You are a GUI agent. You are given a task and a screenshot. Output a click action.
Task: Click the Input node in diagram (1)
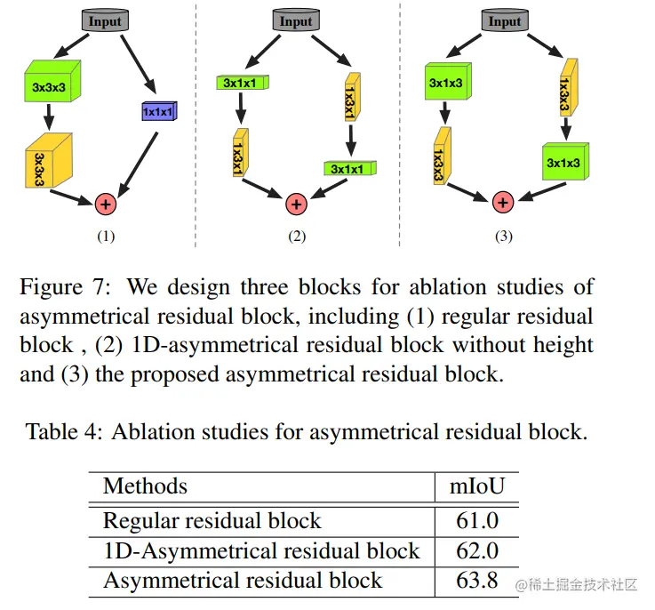point(106,20)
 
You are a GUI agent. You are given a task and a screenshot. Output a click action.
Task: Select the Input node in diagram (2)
point(296,20)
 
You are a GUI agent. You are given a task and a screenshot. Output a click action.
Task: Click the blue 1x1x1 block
point(159,112)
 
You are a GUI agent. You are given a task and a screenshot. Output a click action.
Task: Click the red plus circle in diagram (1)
point(106,204)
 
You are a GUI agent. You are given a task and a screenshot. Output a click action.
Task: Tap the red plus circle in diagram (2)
point(296,204)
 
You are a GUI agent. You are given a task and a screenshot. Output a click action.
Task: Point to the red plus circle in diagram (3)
point(504,203)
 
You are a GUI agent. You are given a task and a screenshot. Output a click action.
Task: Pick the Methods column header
point(145,486)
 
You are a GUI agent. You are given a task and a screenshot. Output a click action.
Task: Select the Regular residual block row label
point(212,521)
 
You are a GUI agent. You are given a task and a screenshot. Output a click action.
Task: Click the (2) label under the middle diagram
point(296,237)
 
